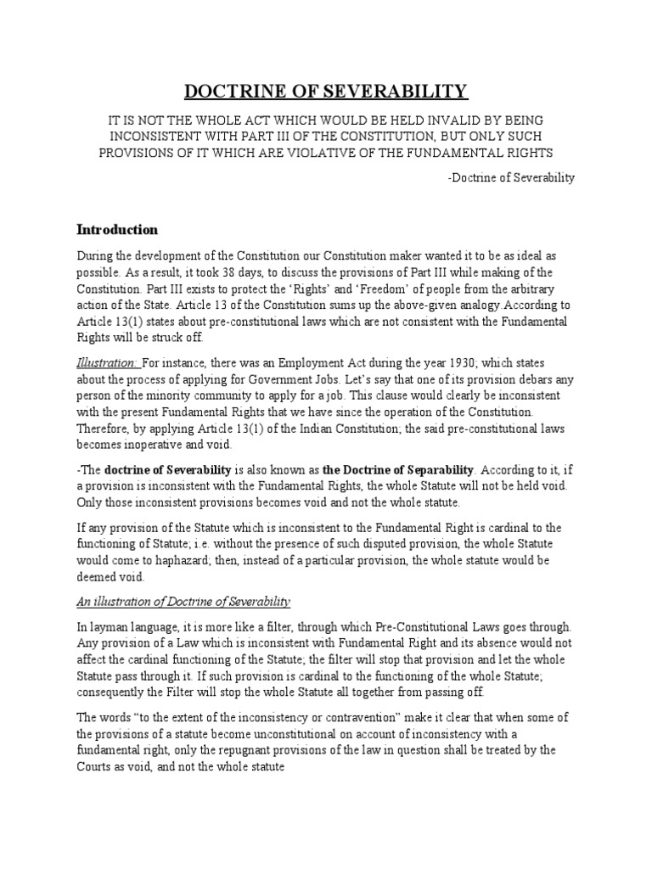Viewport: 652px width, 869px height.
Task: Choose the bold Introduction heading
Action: click(x=117, y=229)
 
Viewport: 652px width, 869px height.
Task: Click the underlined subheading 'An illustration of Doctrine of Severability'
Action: click(x=184, y=602)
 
